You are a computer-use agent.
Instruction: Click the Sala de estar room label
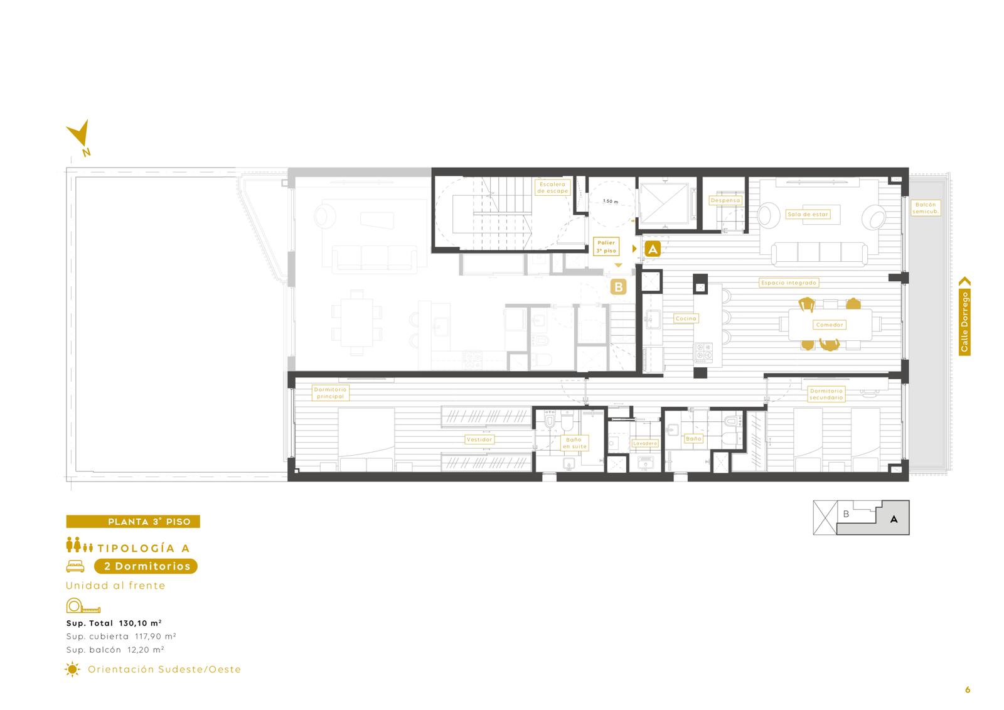click(x=808, y=215)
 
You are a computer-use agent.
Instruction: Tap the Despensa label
click(x=725, y=200)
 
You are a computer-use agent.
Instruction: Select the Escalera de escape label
click(x=552, y=188)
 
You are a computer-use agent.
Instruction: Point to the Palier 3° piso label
click(x=606, y=247)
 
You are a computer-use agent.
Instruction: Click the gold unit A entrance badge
click(x=653, y=249)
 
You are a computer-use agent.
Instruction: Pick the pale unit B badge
click(x=619, y=287)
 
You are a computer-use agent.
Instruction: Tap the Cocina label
click(x=686, y=318)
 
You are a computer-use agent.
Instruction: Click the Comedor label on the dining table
click(x=829, y=325)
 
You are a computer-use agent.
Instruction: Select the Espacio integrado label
click(x=789, y=282)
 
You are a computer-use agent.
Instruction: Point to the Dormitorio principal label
click(x=330, y=393)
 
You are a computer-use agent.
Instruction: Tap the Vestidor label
click(x=479, y=439)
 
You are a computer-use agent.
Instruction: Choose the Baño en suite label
click(x=574, y=443)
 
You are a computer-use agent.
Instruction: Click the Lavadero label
click(x=645, y=443)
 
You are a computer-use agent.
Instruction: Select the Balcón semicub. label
click(x=926, y=208)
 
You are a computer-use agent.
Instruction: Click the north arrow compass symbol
click(x=79, y=137)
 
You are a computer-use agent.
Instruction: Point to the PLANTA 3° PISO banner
click(x=133, y=522)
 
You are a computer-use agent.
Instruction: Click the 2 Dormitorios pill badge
click(x=146, y=566)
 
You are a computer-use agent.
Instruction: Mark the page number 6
click(x=967, y=689)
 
